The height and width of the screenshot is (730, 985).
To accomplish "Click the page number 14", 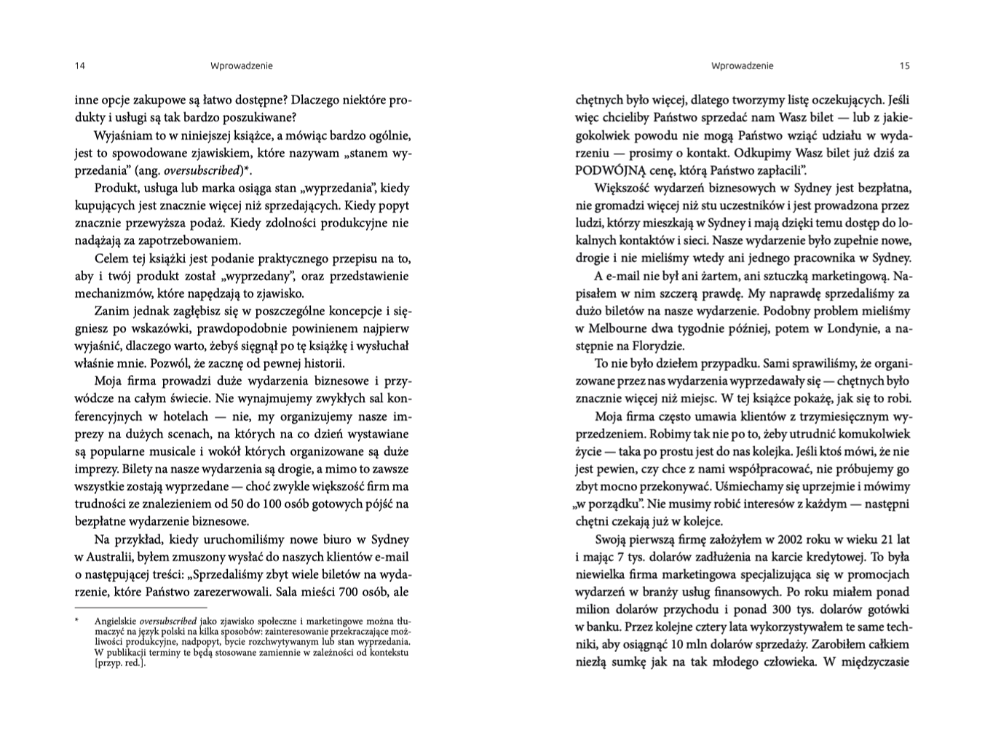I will [80, 66].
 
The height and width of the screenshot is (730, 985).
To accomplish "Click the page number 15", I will [904, 66].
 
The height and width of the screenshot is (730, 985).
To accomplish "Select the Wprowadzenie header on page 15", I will [742, 66].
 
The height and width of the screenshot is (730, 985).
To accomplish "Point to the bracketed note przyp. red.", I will [119, 663].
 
